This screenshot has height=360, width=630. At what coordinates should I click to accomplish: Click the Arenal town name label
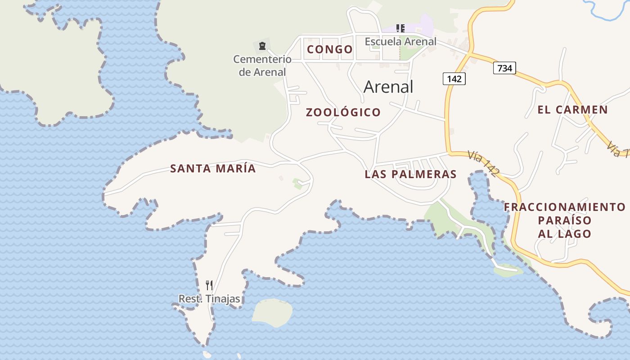[388, 86]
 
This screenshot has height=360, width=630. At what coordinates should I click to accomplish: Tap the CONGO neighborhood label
[330, 49]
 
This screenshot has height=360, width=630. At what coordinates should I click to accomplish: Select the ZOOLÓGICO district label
[343, 112]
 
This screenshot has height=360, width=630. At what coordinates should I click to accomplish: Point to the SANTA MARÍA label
[213, 169]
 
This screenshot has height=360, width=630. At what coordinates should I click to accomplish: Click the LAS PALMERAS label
[410, 174]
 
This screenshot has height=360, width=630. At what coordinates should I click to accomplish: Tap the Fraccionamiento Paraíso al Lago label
[564, 220]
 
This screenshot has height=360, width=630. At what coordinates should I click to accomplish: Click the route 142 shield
[454, 79]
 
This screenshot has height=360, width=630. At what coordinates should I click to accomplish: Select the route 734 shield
[504, 68]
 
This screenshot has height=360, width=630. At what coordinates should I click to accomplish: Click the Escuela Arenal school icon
[400, 28]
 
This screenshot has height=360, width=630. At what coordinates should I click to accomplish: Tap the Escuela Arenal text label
[400, 41]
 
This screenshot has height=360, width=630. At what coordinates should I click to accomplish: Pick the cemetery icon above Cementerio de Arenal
[262, 45]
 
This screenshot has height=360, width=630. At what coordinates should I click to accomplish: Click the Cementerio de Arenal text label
[262, 65]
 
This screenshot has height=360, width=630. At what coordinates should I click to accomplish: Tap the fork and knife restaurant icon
[209, 285]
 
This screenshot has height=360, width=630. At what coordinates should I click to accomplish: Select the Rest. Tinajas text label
[209, 299]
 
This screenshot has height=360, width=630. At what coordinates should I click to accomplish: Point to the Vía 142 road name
[482, 163]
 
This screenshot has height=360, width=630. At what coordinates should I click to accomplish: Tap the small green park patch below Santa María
[297, 183]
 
